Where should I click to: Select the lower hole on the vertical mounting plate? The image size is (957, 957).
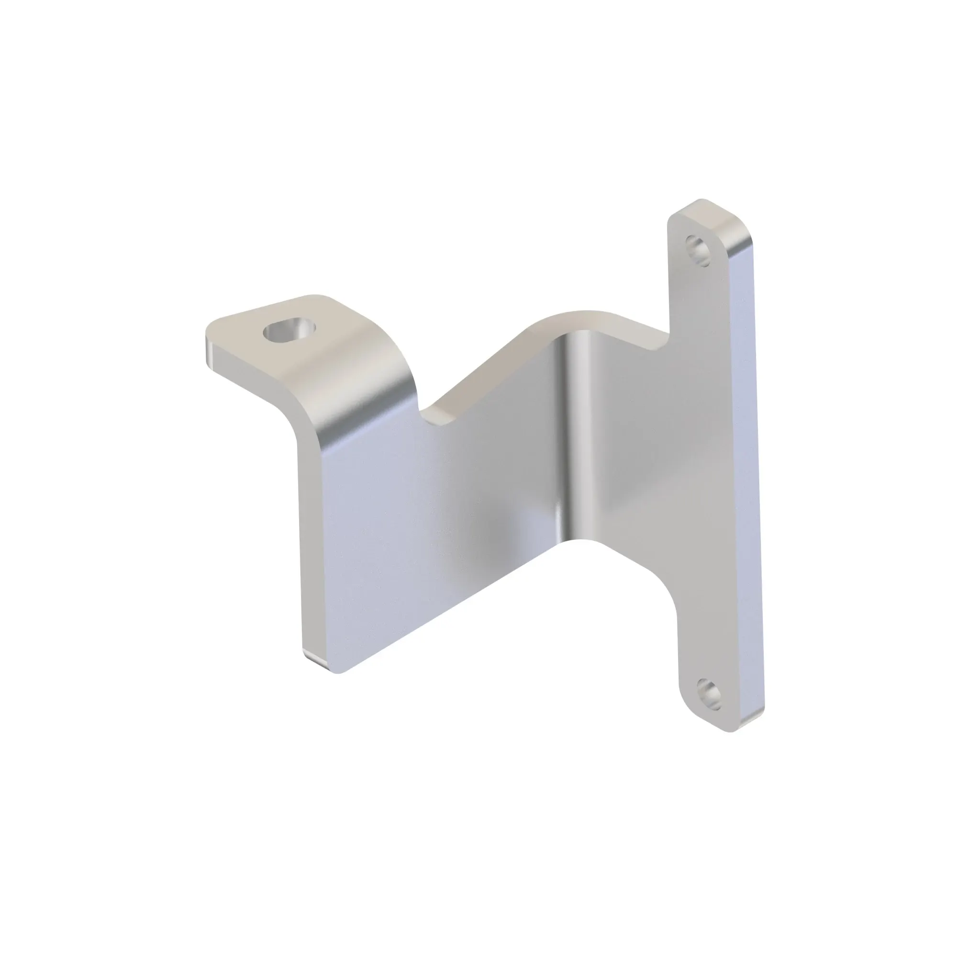click(x=709, y=692)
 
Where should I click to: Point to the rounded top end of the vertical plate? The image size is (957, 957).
click(x=703, y=208)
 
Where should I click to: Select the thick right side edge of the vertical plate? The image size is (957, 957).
click(x=746, y=470)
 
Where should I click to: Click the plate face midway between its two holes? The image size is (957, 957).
click(x=703, y=470)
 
